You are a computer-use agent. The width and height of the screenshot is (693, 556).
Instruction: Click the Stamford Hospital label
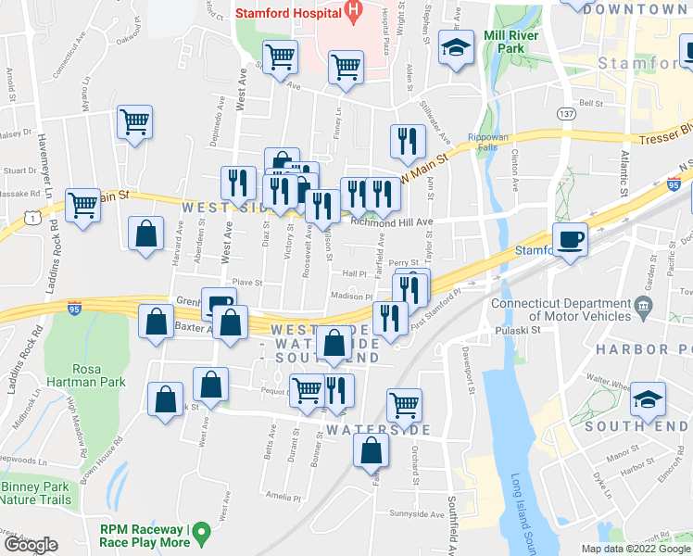(286, 13)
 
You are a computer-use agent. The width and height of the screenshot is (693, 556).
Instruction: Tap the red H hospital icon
(352, 10)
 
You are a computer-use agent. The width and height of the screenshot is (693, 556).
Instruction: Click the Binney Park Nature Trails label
(35, 493)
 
